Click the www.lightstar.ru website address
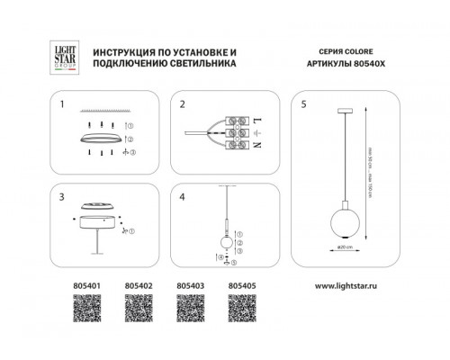click(x=349, y=288)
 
